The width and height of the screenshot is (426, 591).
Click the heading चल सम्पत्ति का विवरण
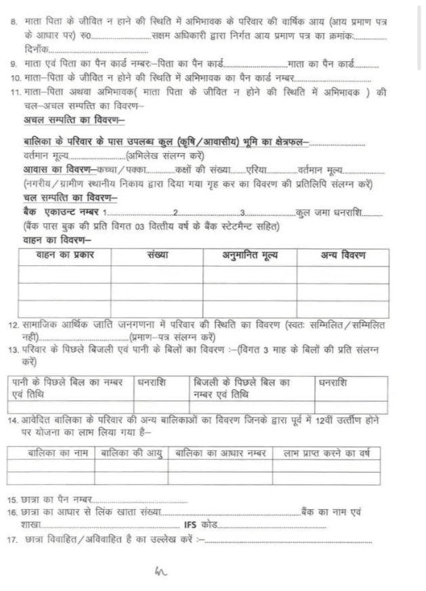pyautogui.click(x=70, y=197)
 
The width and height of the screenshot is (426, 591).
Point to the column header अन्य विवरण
pyautogui.click(x=343, y=255)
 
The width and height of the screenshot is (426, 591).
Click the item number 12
pyautogui.click(x=12, y=326)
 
